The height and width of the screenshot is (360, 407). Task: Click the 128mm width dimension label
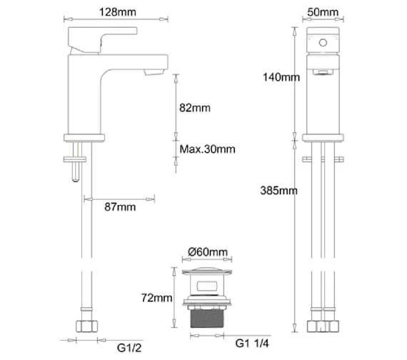pos(118,12)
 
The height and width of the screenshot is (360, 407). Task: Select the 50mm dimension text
pos(323,12)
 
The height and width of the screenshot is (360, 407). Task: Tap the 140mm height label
pos(281,77)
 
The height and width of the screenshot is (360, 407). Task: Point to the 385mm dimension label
pos(278,191)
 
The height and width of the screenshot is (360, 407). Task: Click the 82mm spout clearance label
pos(195,108)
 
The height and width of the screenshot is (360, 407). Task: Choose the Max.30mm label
pos(207,149)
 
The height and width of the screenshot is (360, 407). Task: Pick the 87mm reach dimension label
pos(120,207)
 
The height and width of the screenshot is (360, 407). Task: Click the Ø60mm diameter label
pos(208,252)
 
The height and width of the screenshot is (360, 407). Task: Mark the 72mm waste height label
pos(156,298)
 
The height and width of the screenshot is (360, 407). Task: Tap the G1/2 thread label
pos(129,348)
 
